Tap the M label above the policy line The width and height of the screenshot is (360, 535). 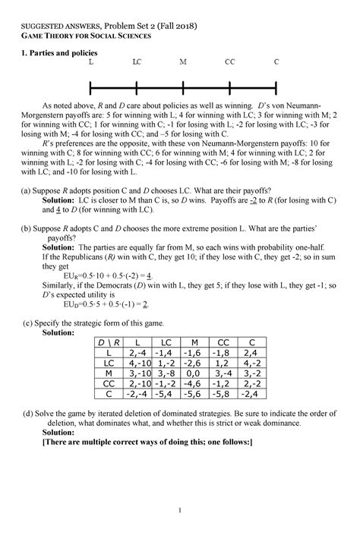(184, 61)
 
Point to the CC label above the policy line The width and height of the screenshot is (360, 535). (229, 61)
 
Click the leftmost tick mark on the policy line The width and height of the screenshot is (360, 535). (90, 83)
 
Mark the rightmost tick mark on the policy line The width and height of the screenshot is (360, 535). (276, 83)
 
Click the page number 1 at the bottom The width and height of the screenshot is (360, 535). (180, 510)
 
